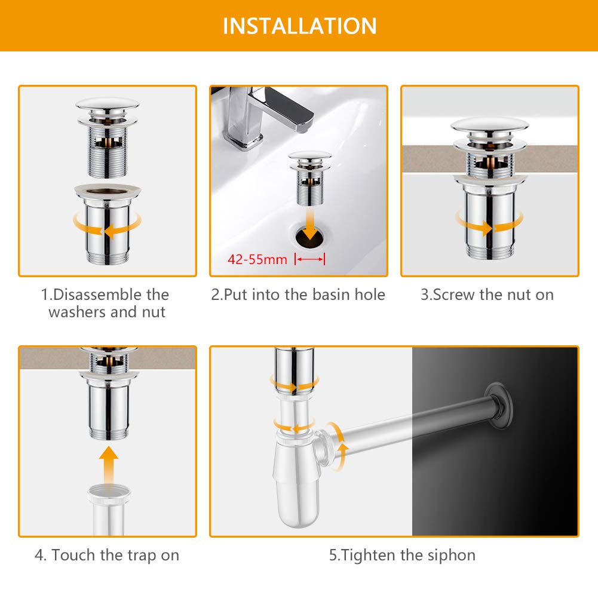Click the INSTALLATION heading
click(x=299, y=26)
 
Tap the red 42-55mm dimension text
click(x=257, y=259)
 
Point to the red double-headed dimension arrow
click(x=309, y=259)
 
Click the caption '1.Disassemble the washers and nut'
click(x=106, y=303)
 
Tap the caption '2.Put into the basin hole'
click(x=298, y=295)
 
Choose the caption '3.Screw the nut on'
click(x=487, y=295)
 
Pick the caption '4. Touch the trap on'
click(x=107, y=556)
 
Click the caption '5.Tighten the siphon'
click(x=403, y=556)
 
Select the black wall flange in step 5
click(x=499, y=406)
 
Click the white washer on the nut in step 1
click(x=108, y=191)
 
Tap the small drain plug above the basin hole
click(x=309, y=178)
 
